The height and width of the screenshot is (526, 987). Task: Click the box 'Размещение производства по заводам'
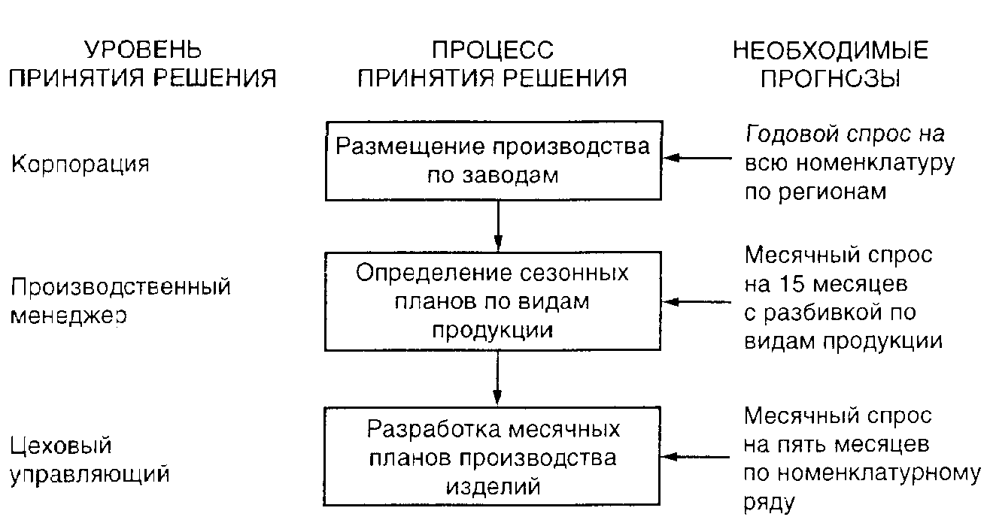coord(493,160)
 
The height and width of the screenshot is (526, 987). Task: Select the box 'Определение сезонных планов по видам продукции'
coord(493,301)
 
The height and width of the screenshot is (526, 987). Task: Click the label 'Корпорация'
coord(80,165)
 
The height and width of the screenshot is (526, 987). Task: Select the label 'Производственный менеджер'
coord(120,301)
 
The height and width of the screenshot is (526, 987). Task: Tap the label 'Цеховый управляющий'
coord(90,460)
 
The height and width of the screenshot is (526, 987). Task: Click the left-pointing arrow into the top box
coord(698,158)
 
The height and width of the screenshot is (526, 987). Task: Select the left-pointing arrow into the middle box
coord(698,301)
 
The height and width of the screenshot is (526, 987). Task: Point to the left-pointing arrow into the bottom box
coord(698,457)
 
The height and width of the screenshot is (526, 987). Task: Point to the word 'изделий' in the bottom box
coord(493,485)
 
